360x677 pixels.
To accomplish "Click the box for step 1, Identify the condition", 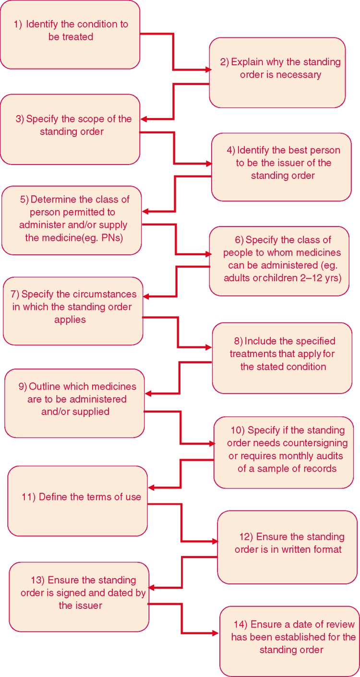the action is (70, 35).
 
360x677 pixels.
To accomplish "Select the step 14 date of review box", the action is (289, 641).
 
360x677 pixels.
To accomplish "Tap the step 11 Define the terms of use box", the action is (78, 501).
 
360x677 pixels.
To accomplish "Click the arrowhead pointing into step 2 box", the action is (209, 70).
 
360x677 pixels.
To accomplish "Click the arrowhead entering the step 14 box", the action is (215, 633).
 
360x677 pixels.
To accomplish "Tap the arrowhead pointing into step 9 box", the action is (148, 394).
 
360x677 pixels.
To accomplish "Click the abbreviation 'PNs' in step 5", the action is (112, 238).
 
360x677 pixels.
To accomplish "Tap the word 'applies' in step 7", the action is (70, 320).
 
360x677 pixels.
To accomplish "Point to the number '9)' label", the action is (23, 387).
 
